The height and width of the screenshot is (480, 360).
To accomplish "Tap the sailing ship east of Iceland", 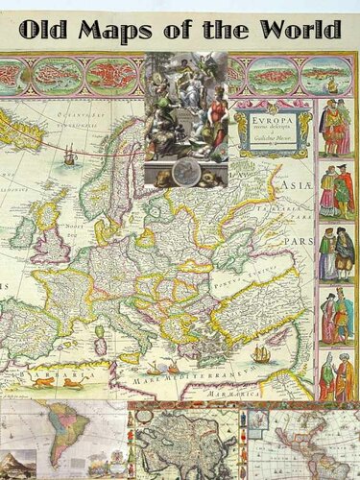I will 70,154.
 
